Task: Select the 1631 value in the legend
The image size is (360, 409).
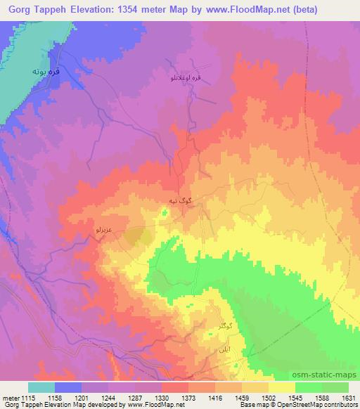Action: (349, 397)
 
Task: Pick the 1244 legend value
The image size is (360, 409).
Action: (108, 397)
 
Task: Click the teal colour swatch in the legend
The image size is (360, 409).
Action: (41, 387)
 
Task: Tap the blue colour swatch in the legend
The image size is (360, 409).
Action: (68, 387)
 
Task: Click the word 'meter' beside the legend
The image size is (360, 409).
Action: (10, 397)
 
